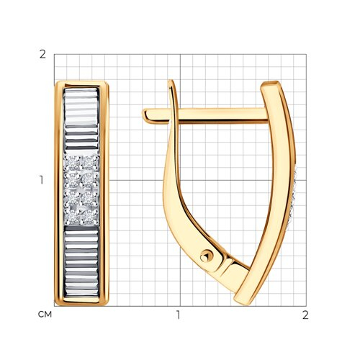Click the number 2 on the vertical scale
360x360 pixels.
click(42, 55)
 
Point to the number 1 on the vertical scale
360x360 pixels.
click(42, 180)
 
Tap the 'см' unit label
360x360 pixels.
click(45, 315)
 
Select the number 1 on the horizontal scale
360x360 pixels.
click(178, 315)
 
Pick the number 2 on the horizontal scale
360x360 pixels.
click(305, 315)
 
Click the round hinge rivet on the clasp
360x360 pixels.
click(206, 257)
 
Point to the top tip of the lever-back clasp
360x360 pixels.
click(171, 81)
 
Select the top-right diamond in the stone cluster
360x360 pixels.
click(88, 163)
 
